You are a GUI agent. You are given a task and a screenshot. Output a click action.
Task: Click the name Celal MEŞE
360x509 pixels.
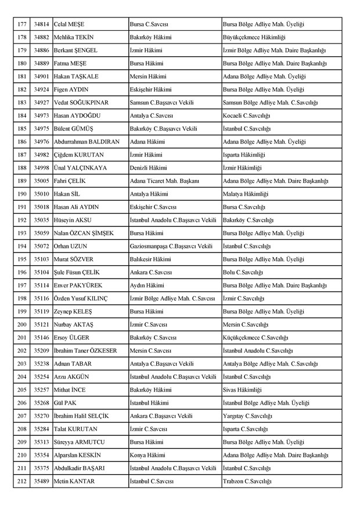pos(69,25)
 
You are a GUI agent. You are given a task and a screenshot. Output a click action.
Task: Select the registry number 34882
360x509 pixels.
pos(41,38)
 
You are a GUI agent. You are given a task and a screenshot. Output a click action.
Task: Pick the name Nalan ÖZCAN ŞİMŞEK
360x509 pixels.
pos(84,233)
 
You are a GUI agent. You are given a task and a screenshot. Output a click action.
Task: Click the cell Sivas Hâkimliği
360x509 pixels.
pos(242,389)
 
